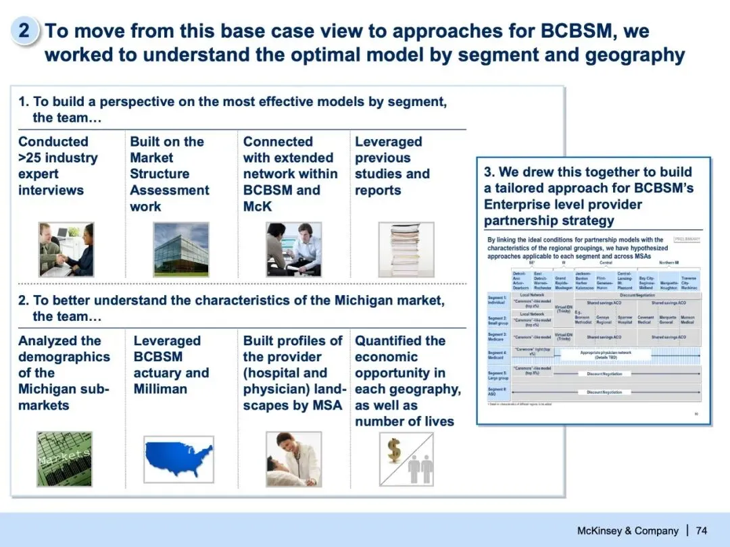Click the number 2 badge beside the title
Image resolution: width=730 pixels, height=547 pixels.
tap(24, 31)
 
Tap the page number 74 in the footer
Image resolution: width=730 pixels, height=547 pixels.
tap(701, 530)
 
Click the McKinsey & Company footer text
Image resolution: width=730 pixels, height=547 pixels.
tap(627, 530)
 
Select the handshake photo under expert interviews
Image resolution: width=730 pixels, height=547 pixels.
tap(66, 249)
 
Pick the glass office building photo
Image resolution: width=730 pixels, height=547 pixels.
tap(180, 249)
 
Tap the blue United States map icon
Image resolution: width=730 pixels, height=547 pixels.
tap(178, 459)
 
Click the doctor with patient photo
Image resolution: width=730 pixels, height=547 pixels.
tap(293, 459)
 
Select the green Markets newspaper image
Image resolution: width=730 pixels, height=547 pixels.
tap(64, 459)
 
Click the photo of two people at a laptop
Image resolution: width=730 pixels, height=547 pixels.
tap(293, 249)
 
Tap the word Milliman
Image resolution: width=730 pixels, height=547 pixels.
tap(161, 389)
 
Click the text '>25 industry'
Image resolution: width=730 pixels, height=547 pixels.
tap(58, 158)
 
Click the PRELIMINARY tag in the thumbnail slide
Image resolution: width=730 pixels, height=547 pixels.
tap(687, 239)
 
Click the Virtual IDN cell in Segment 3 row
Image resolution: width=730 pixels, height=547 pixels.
tap(563, 336)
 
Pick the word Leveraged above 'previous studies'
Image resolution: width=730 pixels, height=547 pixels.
tap(389, 142)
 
